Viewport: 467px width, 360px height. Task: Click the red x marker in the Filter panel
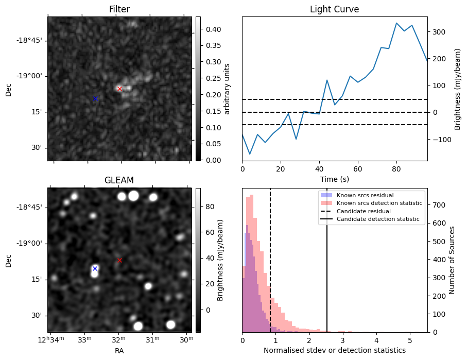[x=119, y=89]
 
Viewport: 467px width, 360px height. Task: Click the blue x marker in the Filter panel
[x=95, y=98]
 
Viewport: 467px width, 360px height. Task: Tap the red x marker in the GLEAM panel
[x=119, y=260]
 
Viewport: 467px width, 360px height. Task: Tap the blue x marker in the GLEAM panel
[x=95, y=268]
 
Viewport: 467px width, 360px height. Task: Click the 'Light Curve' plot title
[x=334, y=9]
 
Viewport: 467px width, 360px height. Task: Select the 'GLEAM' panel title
[x=119, y=180]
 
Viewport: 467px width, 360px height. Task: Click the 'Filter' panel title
[x=119, y=9]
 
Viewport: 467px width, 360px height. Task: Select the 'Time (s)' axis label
[x=334, y=179]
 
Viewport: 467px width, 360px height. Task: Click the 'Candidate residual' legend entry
[x=364, y=211]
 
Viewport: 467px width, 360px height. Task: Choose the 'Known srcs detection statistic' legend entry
[x=379, y=203]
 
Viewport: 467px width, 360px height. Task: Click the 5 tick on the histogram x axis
[x=410, y=340]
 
